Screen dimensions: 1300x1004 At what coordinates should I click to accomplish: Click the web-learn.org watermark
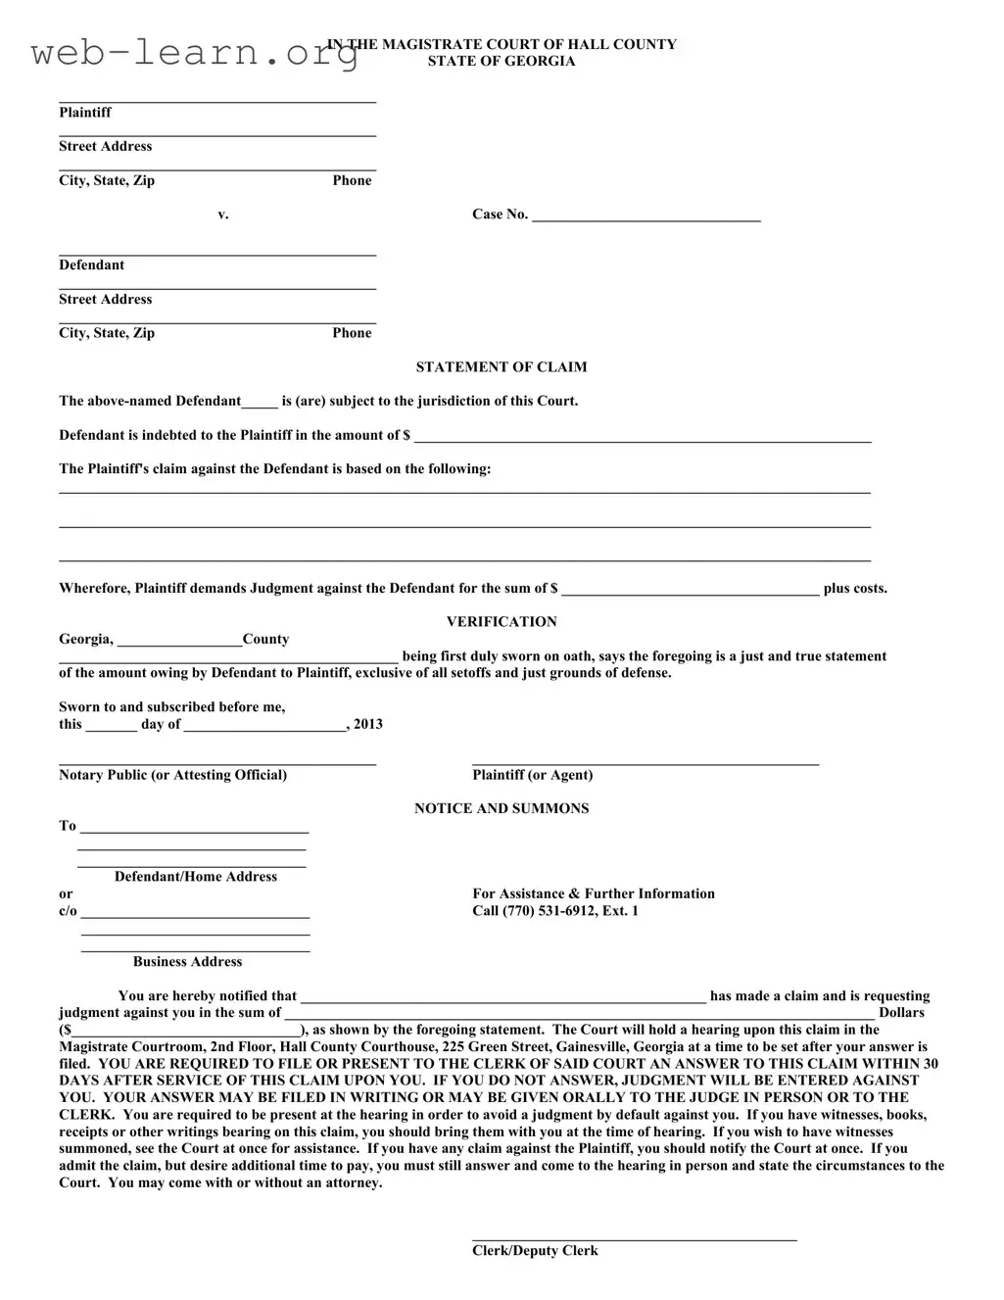pos(194,53)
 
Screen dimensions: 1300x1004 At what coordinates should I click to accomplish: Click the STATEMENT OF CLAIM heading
pos(502,367)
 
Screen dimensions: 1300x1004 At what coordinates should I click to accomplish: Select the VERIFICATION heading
pos(502,622)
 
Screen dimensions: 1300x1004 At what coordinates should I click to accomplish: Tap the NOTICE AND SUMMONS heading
pos(502,809)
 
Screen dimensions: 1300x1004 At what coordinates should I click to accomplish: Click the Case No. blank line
pos(645,217)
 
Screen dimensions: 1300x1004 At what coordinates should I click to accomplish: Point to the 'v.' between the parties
pos(223,215)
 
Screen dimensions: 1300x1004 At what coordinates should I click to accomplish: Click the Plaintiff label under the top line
pos(85,113)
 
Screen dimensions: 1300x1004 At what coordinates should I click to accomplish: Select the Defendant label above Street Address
pos(91,265)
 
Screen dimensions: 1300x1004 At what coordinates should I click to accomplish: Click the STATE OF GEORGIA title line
pos(502,62)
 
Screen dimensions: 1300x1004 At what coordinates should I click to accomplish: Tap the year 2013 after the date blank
pos(368,725)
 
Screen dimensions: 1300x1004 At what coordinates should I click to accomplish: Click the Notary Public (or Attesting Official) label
pos(172,775)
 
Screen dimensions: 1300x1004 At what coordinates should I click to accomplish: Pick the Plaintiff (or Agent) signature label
pos(532,775)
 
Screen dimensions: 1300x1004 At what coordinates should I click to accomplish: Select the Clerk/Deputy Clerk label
pos(535,1251)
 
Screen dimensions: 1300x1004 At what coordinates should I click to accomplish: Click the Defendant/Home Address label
pos(196,877)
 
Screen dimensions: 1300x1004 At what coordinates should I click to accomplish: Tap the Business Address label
pos(187,962)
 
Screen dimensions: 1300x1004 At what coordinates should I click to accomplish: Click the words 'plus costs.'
pos(855,589)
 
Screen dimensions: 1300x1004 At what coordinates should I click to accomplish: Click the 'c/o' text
pos(68,911)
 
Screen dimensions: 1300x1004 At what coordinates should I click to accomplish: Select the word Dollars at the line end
pos(901,1013)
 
